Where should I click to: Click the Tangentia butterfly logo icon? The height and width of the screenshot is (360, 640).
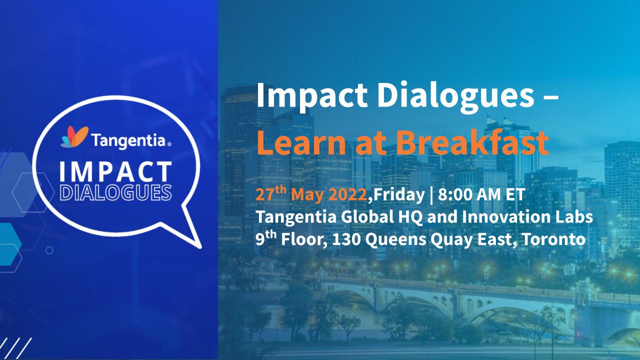74,137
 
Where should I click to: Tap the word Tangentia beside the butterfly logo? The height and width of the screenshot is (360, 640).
128,140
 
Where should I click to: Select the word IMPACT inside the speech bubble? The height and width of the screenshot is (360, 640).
115,171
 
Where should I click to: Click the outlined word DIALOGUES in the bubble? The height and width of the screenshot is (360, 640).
115,193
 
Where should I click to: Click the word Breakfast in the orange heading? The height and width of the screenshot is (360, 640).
472,142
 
